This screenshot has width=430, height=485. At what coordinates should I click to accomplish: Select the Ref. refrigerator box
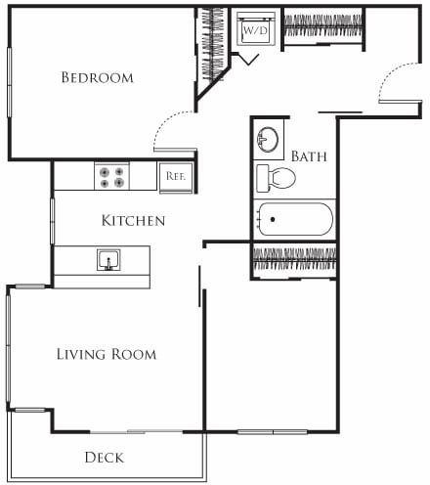pos(177,176)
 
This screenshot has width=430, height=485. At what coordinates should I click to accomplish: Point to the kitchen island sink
pos(107,259)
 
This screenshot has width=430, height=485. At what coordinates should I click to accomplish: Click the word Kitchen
pos(133,221)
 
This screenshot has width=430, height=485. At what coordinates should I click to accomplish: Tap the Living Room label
pos(106,354)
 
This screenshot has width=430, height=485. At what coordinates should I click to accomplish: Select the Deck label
pos(104,457)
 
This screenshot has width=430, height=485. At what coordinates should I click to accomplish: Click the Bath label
pos(309,156)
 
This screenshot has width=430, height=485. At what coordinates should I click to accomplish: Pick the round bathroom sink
pos(267,141)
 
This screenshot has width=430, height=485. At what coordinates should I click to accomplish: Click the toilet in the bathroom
pos(276,178)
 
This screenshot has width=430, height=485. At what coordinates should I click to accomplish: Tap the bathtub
pos(293,219)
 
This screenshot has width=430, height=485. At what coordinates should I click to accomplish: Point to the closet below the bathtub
pos(294,260)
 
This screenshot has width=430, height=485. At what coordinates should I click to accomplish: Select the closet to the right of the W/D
pos(322,26)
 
